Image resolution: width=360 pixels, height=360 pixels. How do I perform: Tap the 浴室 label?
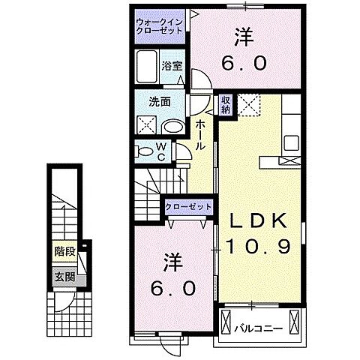pos(172,65)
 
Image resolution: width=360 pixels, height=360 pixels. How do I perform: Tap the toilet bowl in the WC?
pos(145,151)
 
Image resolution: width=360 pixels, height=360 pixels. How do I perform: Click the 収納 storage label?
pos(226,104)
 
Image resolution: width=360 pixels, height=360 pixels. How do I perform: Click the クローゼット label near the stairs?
pos(187,206)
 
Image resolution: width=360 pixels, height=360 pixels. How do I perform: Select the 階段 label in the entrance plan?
pos(64,252)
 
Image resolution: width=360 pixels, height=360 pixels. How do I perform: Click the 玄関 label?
pos(64,274)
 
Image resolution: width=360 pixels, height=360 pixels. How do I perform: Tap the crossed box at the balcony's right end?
pos(297,323)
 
